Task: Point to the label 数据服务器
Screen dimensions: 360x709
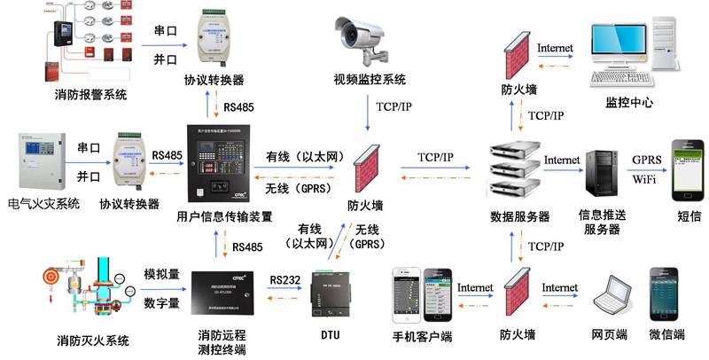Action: (x=519, y=216)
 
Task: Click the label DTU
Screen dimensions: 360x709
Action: (x=329, y=335)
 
